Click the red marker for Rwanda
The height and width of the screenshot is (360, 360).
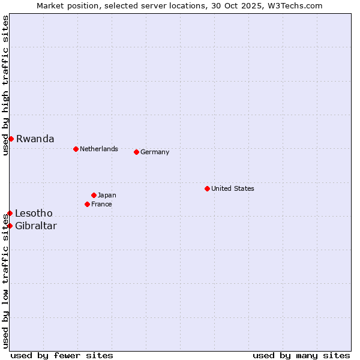11,139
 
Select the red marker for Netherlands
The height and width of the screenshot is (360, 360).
76,149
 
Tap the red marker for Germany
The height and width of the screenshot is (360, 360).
136,152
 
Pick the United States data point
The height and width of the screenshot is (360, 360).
207,188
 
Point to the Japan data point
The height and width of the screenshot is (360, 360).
94,195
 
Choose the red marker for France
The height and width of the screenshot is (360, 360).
87,204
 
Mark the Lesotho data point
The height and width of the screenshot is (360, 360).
10,213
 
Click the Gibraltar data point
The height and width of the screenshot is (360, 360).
10,226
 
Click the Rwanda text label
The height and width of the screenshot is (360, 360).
35,139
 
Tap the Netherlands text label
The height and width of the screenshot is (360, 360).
99,149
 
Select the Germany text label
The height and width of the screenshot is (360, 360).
155,152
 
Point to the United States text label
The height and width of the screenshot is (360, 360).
233,188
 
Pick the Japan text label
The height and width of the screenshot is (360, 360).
107,195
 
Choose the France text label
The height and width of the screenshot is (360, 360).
101,204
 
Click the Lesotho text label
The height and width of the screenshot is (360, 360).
34,213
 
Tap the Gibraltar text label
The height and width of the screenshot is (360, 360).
36,226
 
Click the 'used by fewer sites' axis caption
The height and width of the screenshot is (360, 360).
62,355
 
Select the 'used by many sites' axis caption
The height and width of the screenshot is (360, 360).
301,355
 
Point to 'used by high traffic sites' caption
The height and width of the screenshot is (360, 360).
5,85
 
